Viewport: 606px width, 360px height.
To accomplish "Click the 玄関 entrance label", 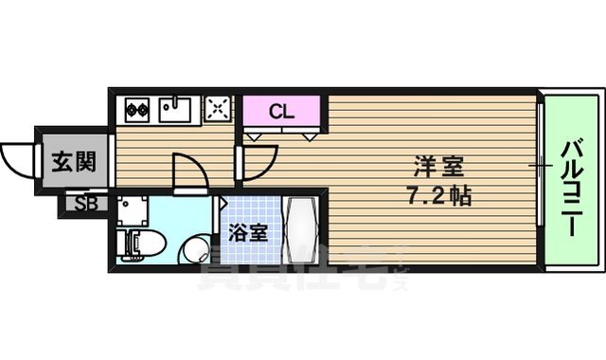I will [73, 161].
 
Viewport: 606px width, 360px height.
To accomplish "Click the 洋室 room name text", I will [437, 169].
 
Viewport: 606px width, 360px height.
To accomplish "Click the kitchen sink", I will [177, 110].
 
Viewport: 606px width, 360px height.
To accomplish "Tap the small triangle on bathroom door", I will [223, 203].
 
